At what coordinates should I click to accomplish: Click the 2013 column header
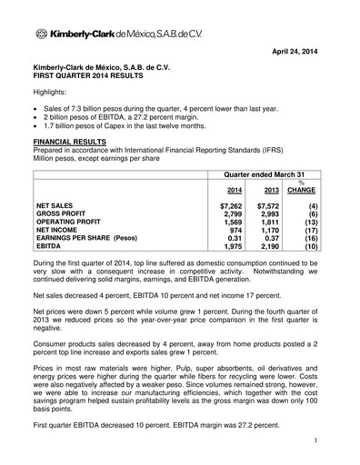pyautogui.click(x=270, y=191)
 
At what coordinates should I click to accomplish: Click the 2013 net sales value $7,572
pyautogui.click(x=268, y=206)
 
